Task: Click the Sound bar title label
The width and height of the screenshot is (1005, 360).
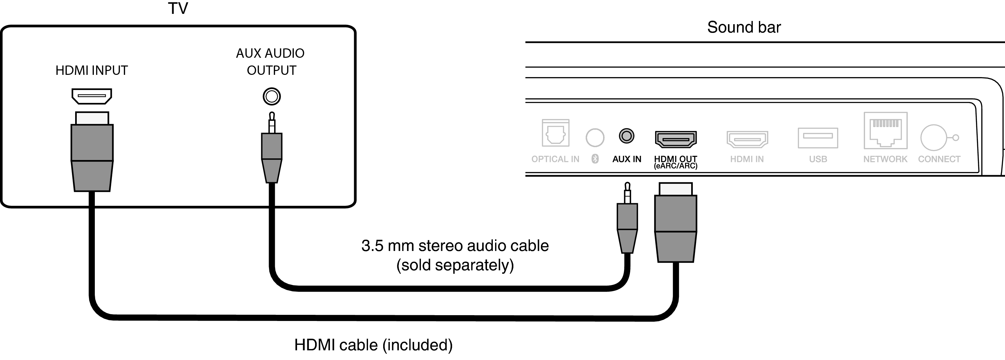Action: [744, 27]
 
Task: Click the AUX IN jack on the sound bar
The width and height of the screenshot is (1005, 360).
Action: [627, 136]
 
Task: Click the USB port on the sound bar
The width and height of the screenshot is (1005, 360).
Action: [818, 138]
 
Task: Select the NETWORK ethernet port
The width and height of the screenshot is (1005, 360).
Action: [885, 131]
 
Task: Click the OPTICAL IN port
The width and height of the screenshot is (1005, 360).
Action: [556, 133]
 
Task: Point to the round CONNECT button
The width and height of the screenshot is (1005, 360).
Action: [934, 138]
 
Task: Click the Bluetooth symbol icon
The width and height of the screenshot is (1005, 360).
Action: [595, 158]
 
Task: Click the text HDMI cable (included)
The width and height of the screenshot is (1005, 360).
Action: [373, 345]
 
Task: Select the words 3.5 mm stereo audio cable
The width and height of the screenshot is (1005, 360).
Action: [455, 246]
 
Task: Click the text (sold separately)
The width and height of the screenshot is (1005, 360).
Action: [455, 265]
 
